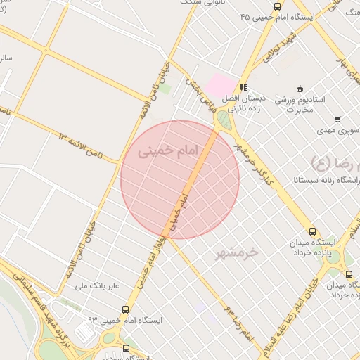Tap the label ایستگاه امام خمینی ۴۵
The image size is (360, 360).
(x=276, y=15)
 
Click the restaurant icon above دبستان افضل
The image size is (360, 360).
(x=242, y=87)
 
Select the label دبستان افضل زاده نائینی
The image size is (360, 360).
(x=243, y=104)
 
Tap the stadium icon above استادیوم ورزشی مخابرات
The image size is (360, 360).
(x=300, y=89)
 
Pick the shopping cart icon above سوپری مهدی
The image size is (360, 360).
(x=337, y=119)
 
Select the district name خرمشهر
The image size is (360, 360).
(x=237, y=252)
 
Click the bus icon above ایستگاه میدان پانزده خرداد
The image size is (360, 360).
(x=312, y=231)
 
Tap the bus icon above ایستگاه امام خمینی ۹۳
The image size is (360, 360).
(x=126, y=309)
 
